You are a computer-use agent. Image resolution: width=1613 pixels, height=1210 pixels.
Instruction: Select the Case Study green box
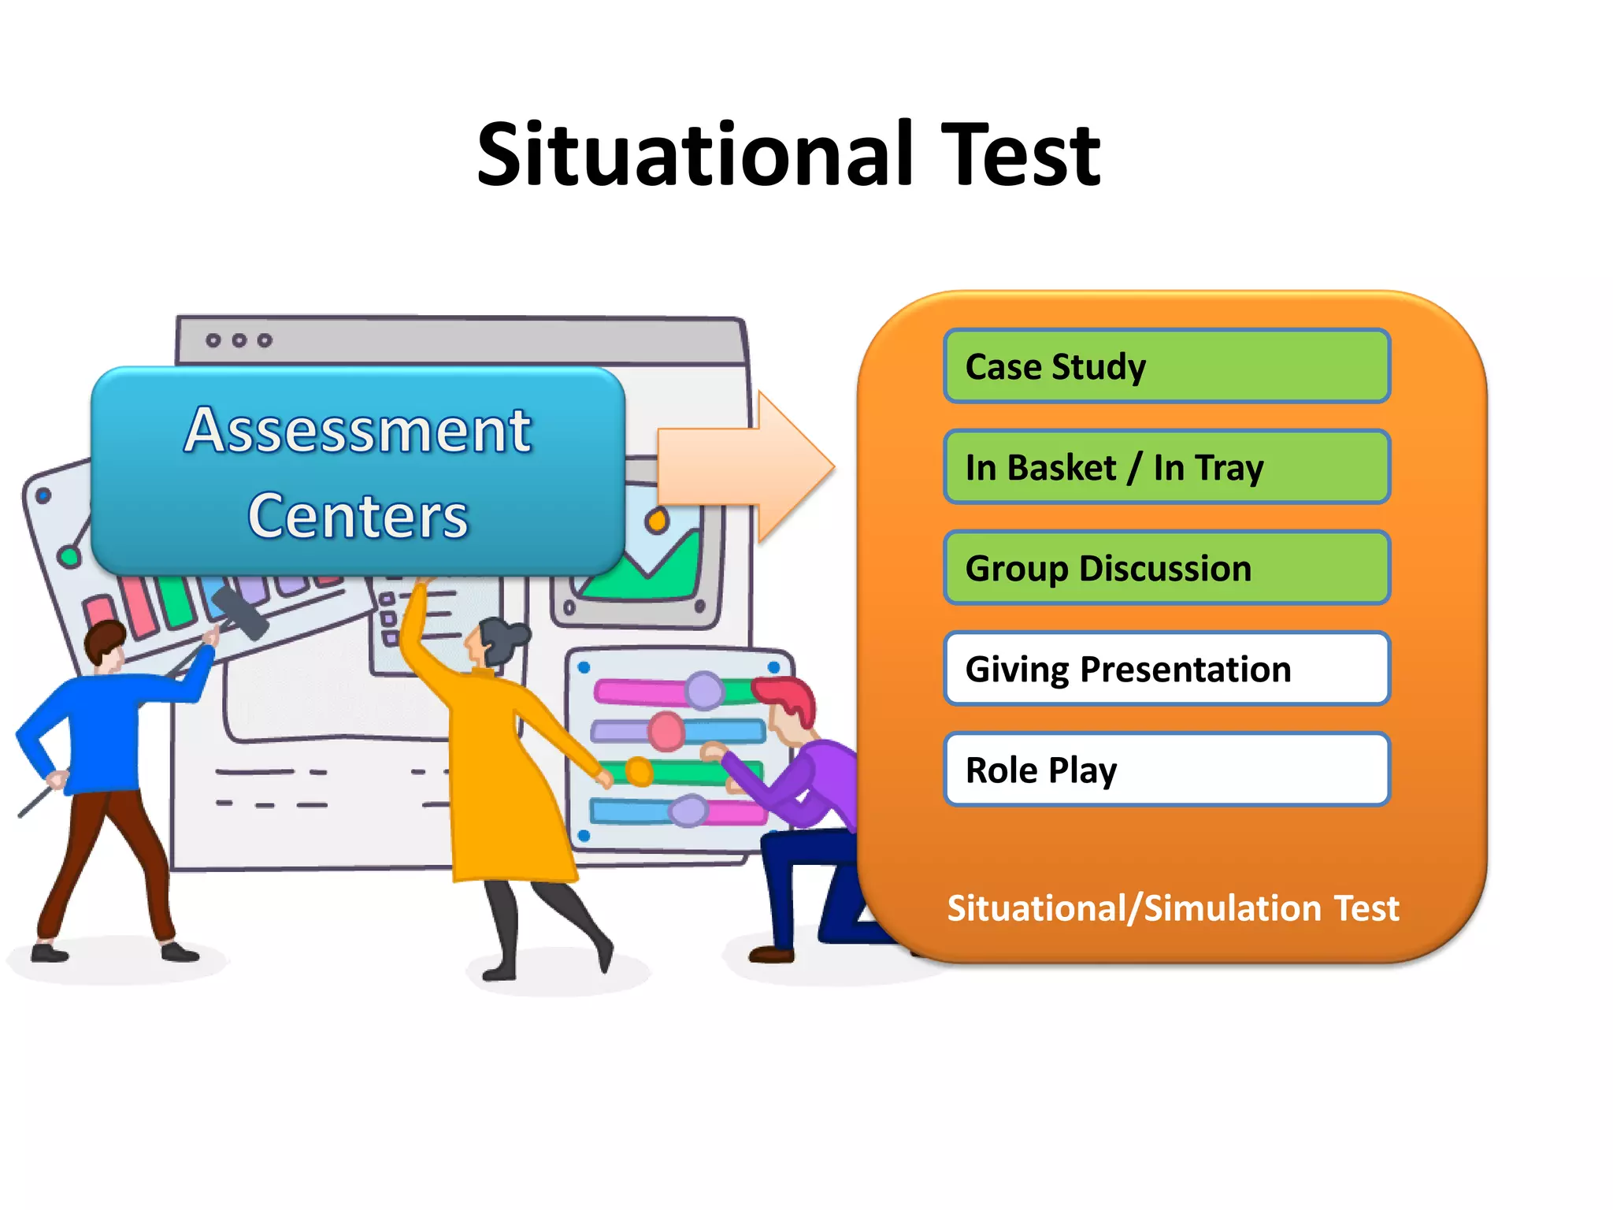click(x=1166, y=366)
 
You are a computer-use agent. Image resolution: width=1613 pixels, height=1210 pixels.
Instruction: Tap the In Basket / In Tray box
click(x=1166, y=467)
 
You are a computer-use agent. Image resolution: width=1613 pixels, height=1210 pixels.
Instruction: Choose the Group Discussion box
click(x=1166, y=568)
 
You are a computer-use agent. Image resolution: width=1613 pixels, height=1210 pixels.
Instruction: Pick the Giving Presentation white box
click(x=1166, y=669)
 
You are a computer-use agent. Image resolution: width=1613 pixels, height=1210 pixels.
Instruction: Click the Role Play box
click(x=1166, y=770)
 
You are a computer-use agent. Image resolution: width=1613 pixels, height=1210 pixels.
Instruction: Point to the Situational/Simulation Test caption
click(x=1173, y=907)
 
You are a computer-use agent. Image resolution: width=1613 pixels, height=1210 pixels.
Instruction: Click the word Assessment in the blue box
click(x=358, y=431)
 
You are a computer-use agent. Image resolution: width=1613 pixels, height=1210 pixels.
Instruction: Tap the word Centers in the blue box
click(x=358, y=516)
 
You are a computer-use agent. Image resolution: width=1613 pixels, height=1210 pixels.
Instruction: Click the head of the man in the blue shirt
click(x=105, y=646)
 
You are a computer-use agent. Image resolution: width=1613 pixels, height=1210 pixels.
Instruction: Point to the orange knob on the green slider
click(x=639, y=771)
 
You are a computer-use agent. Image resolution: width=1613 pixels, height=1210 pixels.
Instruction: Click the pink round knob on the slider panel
click(x=666, y=731)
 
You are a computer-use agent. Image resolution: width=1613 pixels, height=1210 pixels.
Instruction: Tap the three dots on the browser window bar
click(x=239, y=340)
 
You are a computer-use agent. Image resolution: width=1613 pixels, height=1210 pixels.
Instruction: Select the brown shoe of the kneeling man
click(x=771, y=955)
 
